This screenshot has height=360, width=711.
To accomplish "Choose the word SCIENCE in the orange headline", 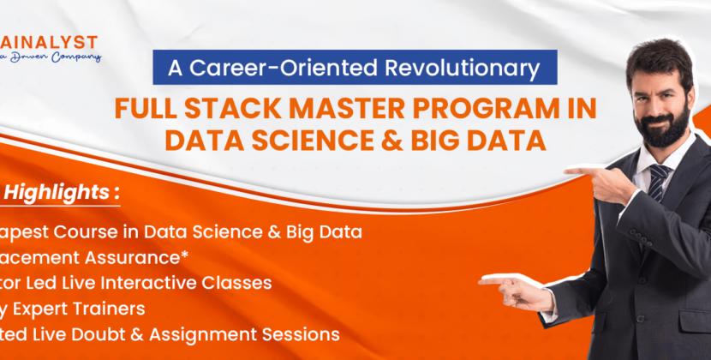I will click(x=348, y=140).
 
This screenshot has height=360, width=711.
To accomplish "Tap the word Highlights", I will click(x=55, y=193).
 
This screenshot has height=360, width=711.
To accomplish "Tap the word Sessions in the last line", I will click(x=303, y=333).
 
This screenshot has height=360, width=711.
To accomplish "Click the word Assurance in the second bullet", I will click(x=141, y=257).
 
